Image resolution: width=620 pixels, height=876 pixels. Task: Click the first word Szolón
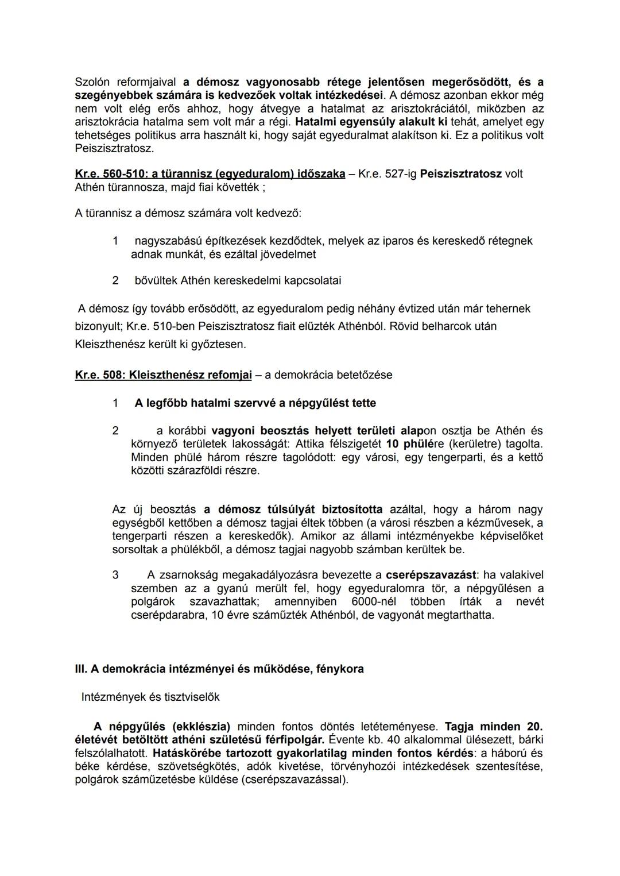click(x=92, y=82)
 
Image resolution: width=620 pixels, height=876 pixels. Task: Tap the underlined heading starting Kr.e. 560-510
click(x=210, y=174)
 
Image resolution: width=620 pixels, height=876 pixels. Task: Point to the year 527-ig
click(x=400, y=174)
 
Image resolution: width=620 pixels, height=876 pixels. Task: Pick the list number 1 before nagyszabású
click(x=115, y=241)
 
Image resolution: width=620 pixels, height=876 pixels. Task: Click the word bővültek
click(x=156, y=281)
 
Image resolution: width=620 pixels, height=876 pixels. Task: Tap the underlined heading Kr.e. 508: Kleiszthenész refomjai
click(x=163, y=375)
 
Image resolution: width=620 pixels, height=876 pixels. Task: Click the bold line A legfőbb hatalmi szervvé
click(x=255, y=403)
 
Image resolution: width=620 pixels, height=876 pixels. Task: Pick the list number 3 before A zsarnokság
click(x=115, y=575)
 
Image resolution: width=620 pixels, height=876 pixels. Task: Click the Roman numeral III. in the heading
click(x=80, y=669)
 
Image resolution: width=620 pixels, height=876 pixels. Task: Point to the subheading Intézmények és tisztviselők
click(x=150, y=697)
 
